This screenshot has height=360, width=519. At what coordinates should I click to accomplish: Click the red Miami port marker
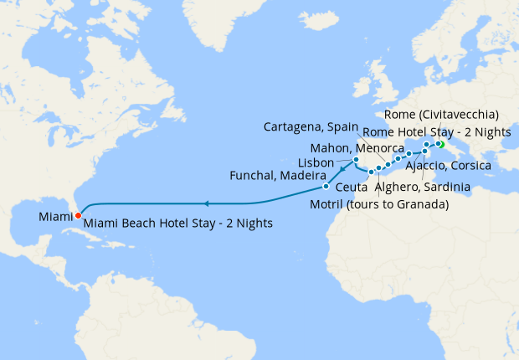coord(78,214)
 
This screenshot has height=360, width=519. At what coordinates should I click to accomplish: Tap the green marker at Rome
coord(439,144)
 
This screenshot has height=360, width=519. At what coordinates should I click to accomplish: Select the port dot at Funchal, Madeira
coord(326,187)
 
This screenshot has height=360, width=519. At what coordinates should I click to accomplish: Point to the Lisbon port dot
coord(356,159)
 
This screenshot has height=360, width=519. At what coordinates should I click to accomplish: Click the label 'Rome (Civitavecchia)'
coord(443,114)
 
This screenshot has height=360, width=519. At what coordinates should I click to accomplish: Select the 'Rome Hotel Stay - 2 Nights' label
coord(435,132)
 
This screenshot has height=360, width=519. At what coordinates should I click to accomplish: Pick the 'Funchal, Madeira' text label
coord(277,176)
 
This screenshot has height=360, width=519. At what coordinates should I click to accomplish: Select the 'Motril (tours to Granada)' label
coord(378,204)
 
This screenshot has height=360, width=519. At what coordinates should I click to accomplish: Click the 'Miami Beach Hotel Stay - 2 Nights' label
coord(177,224)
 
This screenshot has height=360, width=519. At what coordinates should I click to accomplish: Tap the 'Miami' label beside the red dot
coord(54,217)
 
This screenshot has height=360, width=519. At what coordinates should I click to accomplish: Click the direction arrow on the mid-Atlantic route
coord(206,203)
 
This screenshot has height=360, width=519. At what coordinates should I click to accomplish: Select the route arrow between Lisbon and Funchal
coord(342,170)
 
